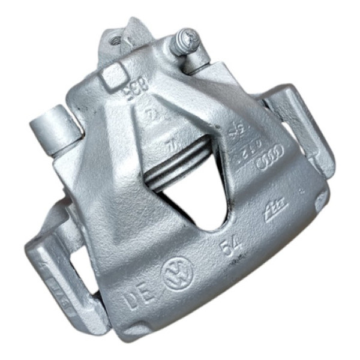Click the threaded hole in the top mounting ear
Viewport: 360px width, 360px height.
(x=114, y=41)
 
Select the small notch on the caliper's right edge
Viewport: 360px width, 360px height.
(x=319, y=201)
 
